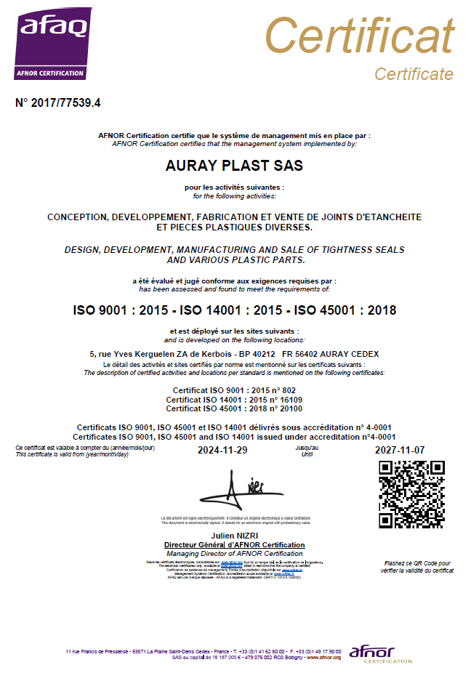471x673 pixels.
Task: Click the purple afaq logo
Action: (x=53, y=43)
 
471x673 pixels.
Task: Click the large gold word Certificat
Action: (x=359, y=35)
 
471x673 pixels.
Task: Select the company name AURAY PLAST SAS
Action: (x=235, y=166)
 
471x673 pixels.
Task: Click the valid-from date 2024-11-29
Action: (x=222, y=451)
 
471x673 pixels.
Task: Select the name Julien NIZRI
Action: (x=234, y=536)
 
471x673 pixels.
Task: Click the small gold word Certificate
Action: (x=414, y=73)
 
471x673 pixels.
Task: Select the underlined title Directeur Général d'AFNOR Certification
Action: (x=234, y=544)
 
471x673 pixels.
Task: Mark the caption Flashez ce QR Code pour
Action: (x=418, y=563)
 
